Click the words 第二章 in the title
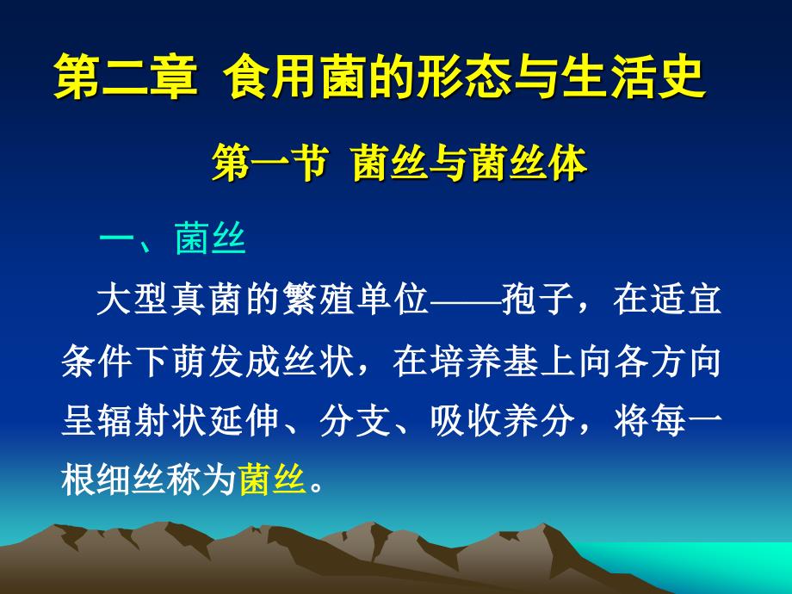click(x=125, y=77)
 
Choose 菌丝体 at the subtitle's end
click(x=529, y=163)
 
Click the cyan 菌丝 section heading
click(x=211, y=238)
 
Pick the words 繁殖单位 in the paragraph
click(x=356, y=300)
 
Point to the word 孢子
click(x=537, y=300)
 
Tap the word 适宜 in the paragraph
click(x=686, y=300)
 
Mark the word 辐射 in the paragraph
click(x=134, y=420)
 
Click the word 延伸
click(x=245, y=420)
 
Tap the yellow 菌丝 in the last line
click(x=273, y=479)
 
